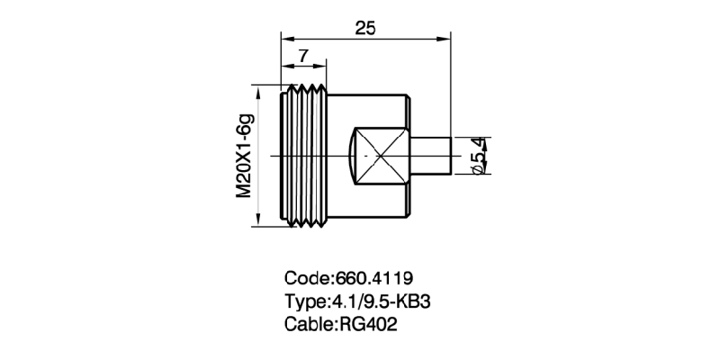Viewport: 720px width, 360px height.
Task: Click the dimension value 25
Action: pos(365,28)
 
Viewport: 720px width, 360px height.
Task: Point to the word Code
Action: pos(307,277)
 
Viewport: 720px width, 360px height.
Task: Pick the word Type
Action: pos(306,300)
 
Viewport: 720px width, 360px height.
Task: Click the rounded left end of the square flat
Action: pos(351,155)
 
